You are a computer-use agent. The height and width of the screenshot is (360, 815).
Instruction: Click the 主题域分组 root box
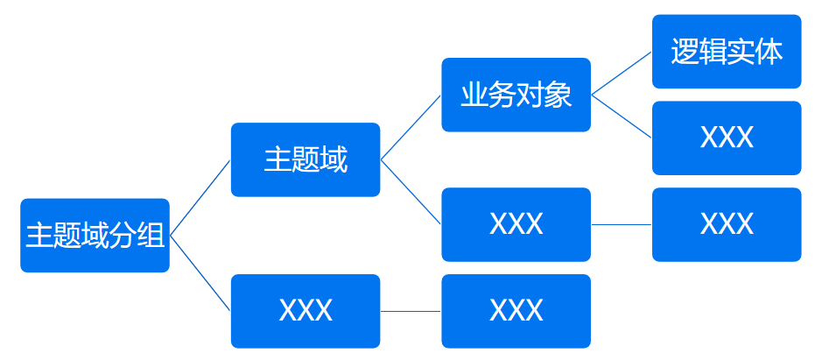pos(95,235)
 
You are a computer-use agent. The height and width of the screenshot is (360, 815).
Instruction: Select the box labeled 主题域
pos(305,159)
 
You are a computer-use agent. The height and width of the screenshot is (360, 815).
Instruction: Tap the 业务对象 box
pos(516,95)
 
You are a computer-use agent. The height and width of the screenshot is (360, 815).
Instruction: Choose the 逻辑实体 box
pos(727,52)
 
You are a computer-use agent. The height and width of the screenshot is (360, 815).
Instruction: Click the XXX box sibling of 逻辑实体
pos(727,138)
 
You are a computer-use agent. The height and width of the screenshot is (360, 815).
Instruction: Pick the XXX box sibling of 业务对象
pos(516,224)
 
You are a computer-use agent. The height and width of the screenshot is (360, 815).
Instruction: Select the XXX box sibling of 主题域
pos(305,311)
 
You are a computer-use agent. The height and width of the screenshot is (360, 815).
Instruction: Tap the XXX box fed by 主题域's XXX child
pos(727,224)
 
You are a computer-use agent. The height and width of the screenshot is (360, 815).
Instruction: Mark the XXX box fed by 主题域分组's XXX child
pos(516,311)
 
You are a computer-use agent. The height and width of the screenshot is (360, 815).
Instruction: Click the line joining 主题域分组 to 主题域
pos(200,198)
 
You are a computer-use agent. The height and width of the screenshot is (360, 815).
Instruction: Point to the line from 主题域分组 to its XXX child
pos(200,273)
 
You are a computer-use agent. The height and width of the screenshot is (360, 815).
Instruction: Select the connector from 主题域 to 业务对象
pos(411,128)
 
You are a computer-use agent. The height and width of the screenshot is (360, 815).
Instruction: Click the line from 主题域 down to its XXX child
pos(411,192)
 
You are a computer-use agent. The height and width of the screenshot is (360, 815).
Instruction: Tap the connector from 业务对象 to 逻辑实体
pos(622,74)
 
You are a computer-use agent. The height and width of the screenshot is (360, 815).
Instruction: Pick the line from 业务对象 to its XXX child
pos(622,116)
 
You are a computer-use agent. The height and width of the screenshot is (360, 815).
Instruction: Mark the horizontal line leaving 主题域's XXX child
pos(622,224)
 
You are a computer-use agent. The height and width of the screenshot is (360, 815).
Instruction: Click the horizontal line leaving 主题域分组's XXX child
pos(411,311)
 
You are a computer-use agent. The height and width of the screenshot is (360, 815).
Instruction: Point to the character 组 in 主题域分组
pos(151,236)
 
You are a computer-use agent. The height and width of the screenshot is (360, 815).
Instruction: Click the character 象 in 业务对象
pos(559,95)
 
